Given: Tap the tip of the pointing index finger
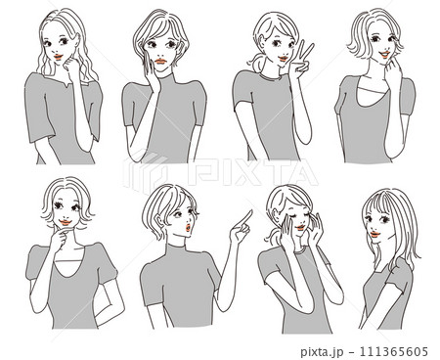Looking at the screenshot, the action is tap(251, 210).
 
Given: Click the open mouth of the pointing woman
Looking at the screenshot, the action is tap(189, 228).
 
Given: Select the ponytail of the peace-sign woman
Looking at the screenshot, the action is tap(257, 61).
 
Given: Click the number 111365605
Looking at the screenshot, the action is tap(393, 352).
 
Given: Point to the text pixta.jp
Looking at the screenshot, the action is tap(322, 352).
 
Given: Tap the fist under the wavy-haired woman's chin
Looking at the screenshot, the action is tap(72, 66).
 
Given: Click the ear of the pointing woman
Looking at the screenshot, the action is tap(160, 222).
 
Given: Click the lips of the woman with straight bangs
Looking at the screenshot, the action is tap(375, 234).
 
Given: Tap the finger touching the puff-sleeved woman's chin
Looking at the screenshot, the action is tap(66, 232).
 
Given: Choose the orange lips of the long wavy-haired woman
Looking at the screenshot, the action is tap(59, 57).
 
